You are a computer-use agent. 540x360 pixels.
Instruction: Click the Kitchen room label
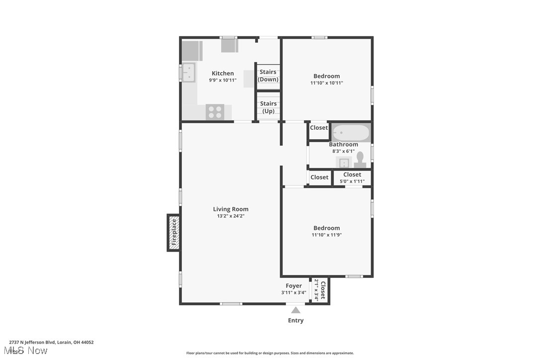point(222,73)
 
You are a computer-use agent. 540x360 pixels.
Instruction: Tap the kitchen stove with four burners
point(215,112)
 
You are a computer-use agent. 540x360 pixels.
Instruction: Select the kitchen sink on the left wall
point(188,72)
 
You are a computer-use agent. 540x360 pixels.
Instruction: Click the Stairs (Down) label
point(268,76)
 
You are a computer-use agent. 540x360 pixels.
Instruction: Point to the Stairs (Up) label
point(268,107)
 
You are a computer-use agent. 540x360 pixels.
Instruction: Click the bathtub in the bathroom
point(351,133)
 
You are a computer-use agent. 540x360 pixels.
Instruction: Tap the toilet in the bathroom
point(360,159)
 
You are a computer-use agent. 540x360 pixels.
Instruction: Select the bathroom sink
point(344,163)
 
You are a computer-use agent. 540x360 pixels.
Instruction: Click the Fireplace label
point(174,233)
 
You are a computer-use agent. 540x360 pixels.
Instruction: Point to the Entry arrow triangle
point(296,310)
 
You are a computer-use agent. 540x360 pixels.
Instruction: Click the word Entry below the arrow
point(296,321)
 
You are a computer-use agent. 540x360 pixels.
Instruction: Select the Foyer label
point(293,286)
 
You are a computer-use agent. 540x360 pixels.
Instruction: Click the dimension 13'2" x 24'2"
point(230,216)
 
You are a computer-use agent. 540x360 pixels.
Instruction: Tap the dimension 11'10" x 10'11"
point(327,83)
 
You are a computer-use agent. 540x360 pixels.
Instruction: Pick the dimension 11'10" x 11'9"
point(327,235)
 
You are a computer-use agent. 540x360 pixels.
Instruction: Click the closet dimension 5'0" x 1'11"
point(352,181)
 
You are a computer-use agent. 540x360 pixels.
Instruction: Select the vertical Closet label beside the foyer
point(323,290)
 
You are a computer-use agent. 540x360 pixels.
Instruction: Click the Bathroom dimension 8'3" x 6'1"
point(343,151)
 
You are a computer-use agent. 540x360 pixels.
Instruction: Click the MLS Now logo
point(28,351)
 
